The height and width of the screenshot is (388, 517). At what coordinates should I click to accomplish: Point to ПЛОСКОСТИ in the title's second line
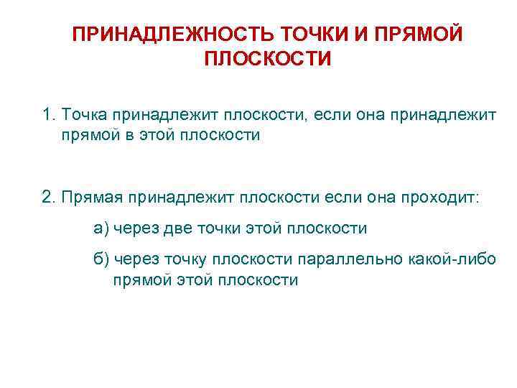click(x=268, y=59)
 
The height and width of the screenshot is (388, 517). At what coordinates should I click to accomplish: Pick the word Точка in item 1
click(x=85, y=115)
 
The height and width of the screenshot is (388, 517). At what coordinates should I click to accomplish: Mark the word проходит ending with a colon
click(x=442, y=197)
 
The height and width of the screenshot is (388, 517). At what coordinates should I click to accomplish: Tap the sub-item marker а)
click(x=101, y=228)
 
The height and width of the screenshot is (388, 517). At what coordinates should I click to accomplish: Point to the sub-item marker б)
click(x=101, y=259)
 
